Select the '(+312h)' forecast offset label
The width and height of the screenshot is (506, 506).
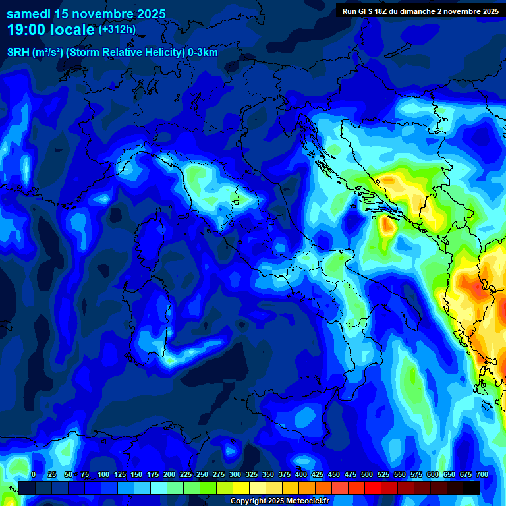(117, 30)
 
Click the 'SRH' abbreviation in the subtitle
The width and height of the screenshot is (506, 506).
(18, 53)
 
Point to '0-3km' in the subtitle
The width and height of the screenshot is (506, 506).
(202, 53)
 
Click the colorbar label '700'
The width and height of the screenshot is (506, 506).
(482, 474)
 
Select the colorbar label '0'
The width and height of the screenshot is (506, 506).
(34, 474)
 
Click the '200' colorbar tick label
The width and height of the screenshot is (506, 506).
(169, 474)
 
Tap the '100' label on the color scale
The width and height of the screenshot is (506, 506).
(103, 474)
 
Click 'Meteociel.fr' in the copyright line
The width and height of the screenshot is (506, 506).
(312, 501)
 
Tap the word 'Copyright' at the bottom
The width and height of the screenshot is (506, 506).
(250, 501)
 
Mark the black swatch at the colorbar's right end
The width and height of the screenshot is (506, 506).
(472, 488)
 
